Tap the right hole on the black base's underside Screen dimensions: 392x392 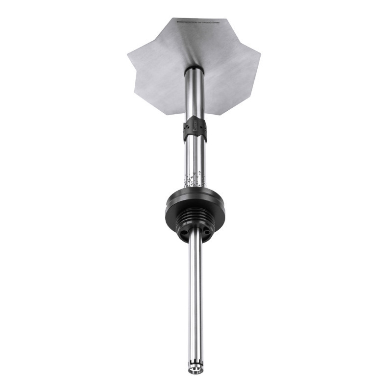coord(205,231)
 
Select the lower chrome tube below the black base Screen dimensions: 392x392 coord(195,304)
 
